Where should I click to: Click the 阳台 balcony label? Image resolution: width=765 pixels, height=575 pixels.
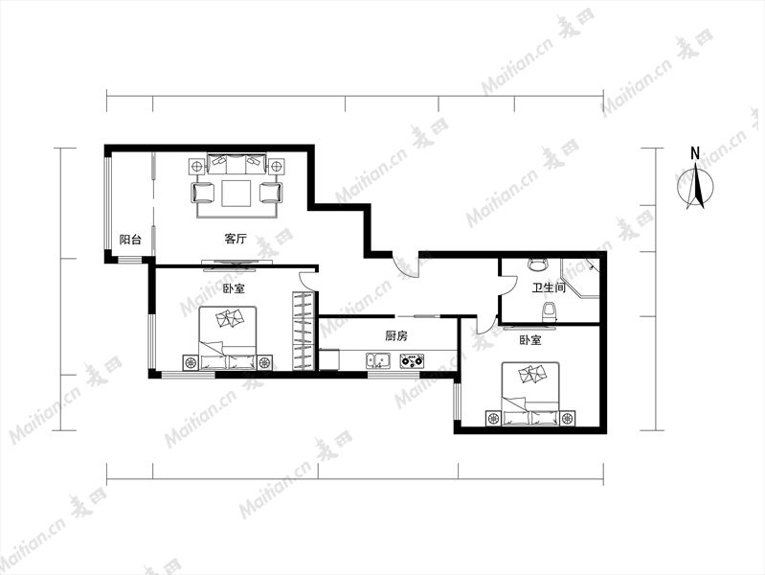click(131, 240)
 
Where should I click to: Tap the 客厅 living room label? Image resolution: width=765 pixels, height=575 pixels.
click(236, 239)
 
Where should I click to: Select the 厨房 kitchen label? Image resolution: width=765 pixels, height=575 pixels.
click(396, 335)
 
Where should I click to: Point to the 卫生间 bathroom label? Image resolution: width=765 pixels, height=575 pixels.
click(549, 287)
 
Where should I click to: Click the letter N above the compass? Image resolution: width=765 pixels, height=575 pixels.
click(695, 153)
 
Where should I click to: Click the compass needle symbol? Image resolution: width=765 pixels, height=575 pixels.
click(696, 187)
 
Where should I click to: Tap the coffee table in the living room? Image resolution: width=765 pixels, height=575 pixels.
click(236, 194)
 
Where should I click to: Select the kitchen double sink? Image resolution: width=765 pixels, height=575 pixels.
click(378, 360)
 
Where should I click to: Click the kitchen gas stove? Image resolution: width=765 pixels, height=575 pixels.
click(412, 361)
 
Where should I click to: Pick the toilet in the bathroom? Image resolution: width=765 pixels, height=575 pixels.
click(550, 312)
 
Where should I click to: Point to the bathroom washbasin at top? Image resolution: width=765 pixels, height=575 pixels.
click(539, 264)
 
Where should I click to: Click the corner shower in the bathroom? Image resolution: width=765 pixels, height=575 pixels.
click(579, 278)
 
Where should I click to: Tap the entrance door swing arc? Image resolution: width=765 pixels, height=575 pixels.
click(406, 266)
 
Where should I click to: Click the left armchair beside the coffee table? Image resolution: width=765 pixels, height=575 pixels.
click(203, 193)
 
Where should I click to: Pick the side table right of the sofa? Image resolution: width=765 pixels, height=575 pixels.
click(276, 167)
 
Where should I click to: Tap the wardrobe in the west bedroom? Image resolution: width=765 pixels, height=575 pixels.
click(303, 332)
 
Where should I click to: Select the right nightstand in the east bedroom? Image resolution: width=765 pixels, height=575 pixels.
click(567, 419)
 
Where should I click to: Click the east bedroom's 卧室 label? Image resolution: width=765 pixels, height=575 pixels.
click(530, 340)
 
